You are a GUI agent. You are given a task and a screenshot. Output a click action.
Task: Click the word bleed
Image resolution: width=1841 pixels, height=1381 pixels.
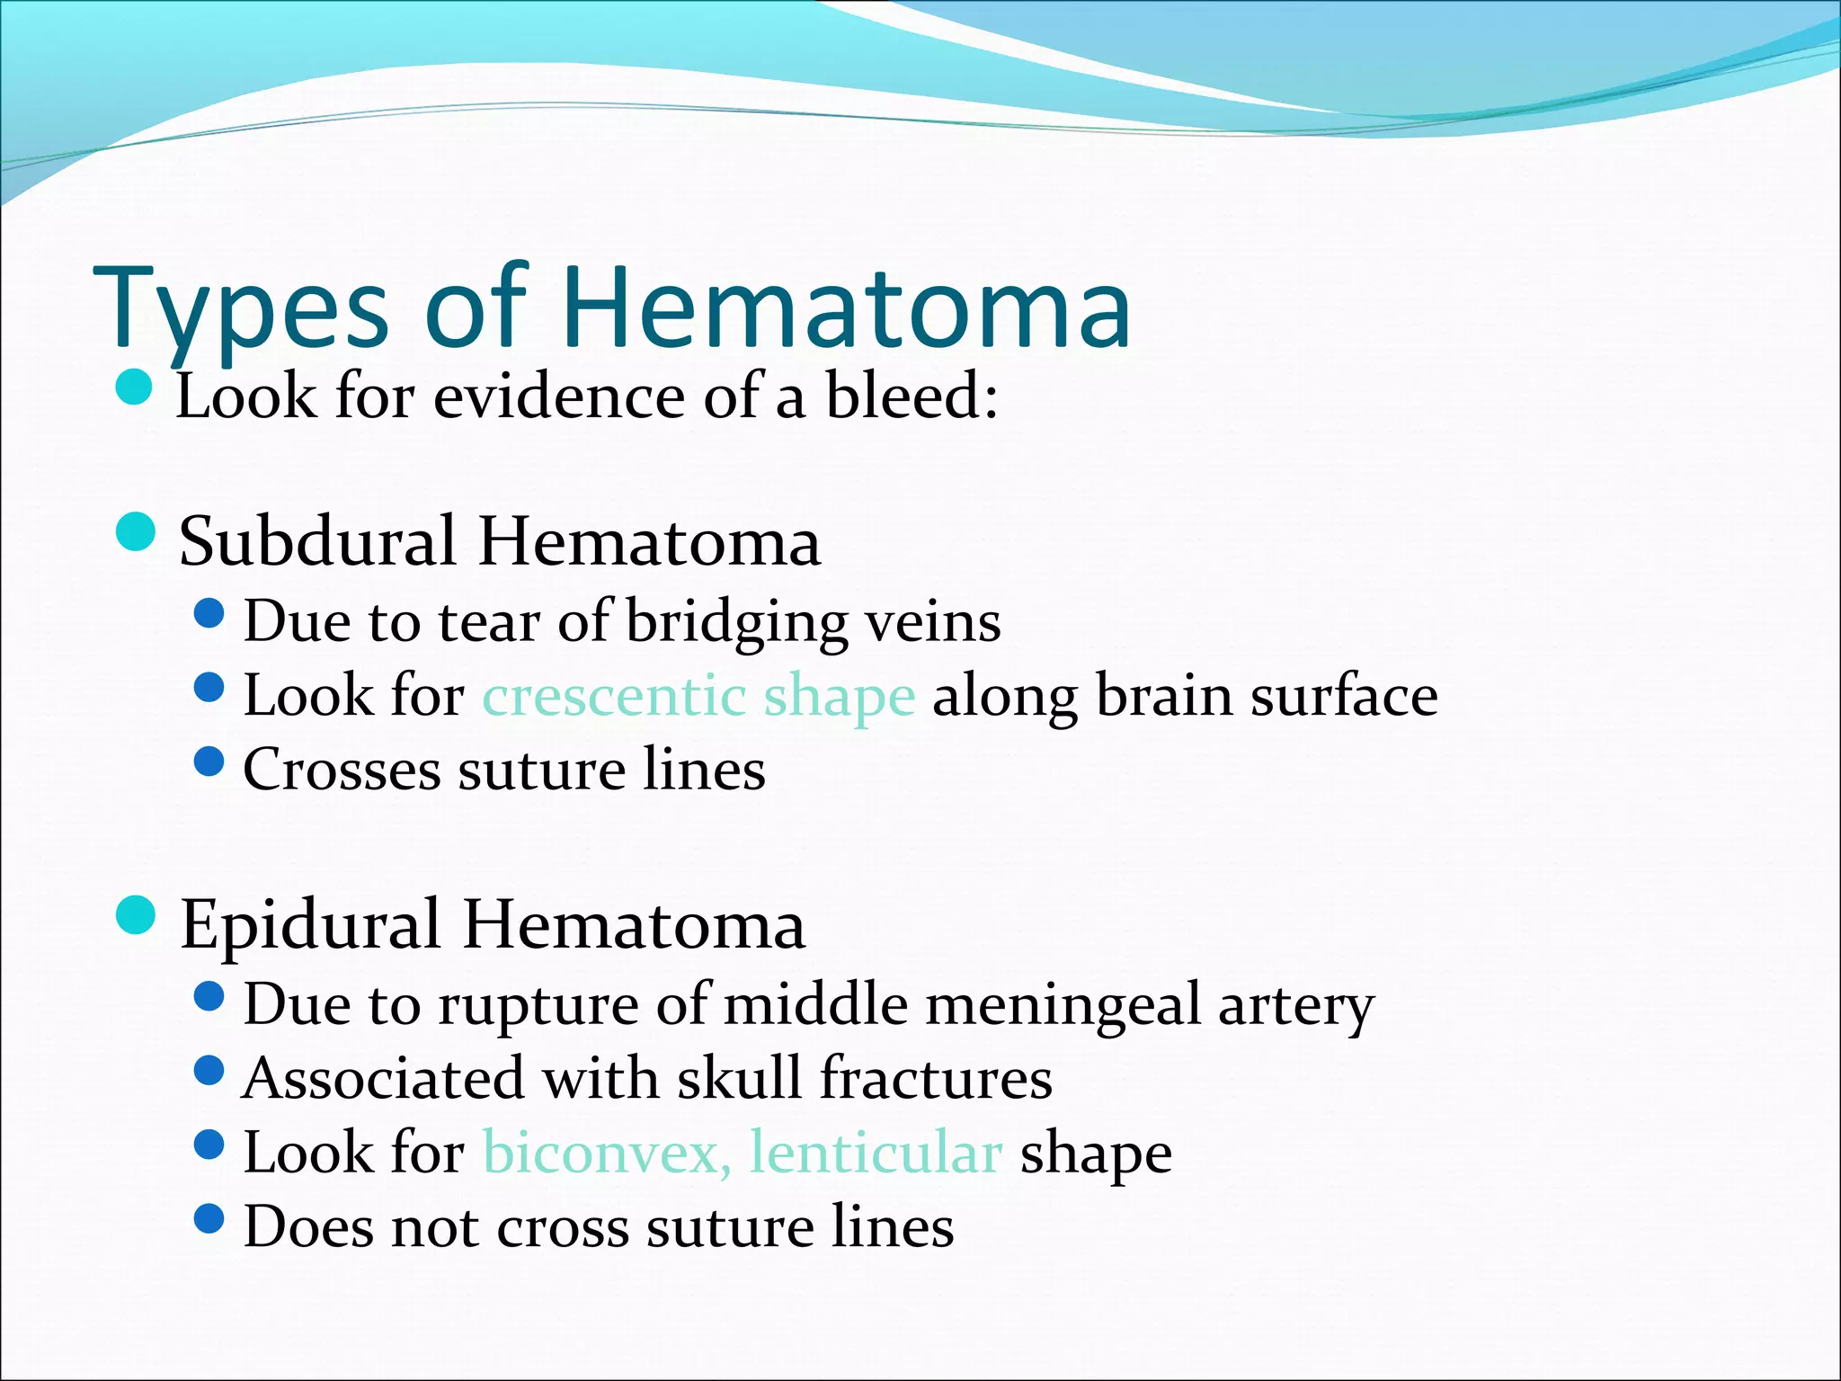coord(903,396)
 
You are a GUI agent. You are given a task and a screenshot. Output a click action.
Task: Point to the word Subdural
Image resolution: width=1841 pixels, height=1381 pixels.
coord(318,542)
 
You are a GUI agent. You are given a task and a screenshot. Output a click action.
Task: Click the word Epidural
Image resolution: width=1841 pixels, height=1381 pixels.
coord(310,925)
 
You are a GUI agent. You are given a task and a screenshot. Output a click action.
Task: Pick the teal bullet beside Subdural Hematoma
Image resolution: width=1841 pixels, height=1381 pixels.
coord(137,530)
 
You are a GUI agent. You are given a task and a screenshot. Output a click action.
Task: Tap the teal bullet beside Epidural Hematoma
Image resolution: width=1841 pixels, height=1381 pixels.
coord(137,915)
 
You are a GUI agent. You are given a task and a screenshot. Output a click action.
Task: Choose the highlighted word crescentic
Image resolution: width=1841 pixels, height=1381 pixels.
coord(614,697)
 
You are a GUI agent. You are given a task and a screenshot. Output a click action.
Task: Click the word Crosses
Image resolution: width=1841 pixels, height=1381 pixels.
coord(342,771)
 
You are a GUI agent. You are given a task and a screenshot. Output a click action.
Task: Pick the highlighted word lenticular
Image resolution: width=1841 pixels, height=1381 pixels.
coord(876,1153)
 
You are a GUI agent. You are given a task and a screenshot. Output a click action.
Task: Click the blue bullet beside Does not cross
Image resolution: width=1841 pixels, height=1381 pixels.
coord(209,1219)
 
